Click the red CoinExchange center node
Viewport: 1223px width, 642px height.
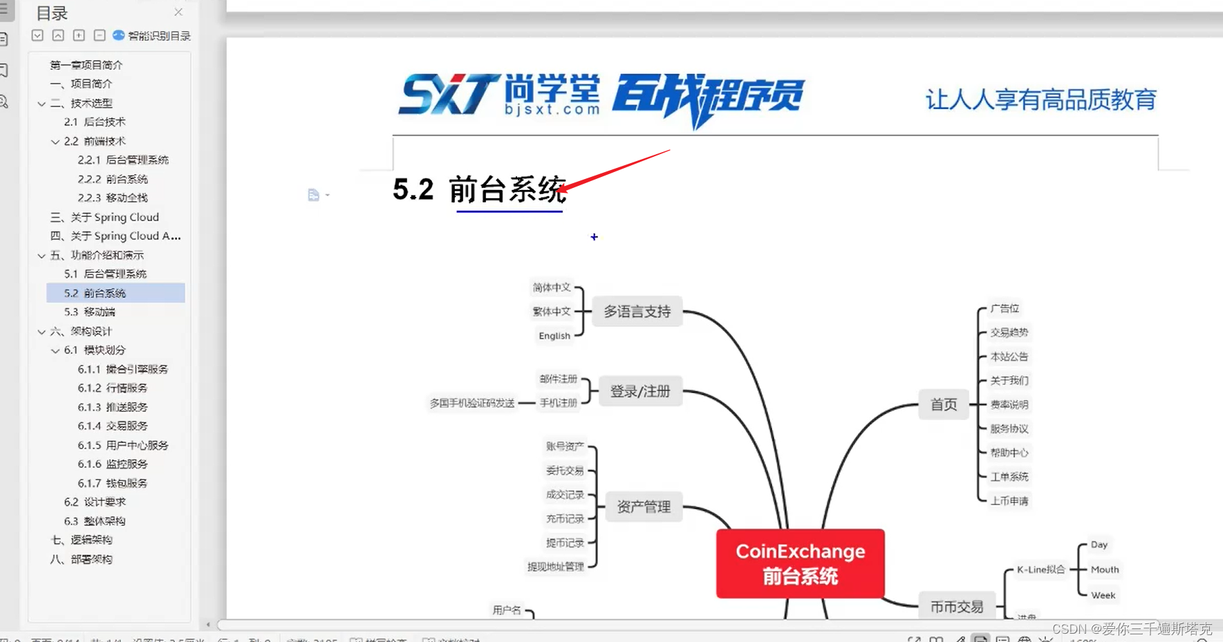(800, 563)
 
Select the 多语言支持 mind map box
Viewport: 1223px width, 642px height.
(637, 312)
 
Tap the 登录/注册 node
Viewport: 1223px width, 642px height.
(639, 391)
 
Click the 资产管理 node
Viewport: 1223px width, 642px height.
(643, 507)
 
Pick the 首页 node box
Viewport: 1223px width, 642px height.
(943, 404)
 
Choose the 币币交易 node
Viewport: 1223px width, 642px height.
(956, 607)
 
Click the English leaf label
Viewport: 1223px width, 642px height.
(554, 336)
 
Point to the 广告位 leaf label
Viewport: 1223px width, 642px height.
(1005, 308)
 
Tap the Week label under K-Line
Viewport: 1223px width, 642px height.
(1103, 595)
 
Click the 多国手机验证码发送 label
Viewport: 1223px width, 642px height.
(472, 403)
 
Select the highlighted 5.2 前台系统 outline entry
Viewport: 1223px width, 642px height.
(95, 293)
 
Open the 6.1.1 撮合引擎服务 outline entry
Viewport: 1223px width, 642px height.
(122, 369)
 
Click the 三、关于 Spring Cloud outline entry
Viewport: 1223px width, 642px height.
(104, 217)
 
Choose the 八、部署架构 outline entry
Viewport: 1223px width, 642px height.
(81, 559)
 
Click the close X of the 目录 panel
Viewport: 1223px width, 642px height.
(178, 12)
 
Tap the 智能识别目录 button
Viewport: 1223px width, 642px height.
(152, 35)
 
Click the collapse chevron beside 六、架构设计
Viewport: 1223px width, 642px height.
(41, 332)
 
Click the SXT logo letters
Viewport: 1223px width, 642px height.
(448, 95)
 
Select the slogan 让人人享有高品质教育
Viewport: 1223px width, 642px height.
(1040, 100)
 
